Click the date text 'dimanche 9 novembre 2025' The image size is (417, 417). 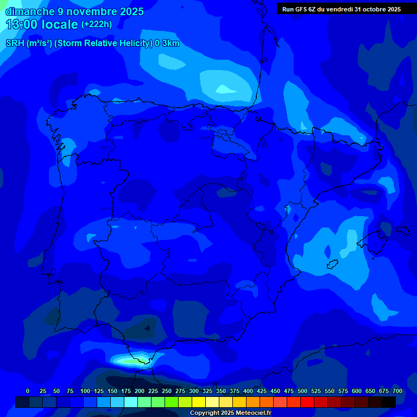tap(74, 11)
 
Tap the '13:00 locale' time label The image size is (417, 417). tap(42, 24)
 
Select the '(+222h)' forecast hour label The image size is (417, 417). tap(97, 24)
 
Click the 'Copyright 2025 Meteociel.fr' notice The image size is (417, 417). tap(230, 413)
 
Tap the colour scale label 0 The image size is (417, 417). tap(28, 391)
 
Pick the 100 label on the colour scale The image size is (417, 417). tap(85, 391)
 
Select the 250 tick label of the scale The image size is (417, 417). tap(167, 391)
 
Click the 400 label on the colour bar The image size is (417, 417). tap(248, 391)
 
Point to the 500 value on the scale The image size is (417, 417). tap(302, 391)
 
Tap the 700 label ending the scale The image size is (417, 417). tap(397, 391)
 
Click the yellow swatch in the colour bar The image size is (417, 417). tap(199, 402)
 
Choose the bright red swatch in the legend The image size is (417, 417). tap(307, 402)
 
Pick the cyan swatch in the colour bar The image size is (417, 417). tap(131, 402)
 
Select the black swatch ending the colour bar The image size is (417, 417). tap(389, 402)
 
